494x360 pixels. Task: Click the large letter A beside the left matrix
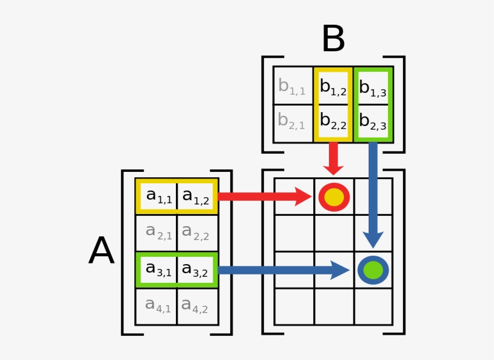(x=101, y=251)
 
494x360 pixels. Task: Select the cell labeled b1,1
(x=292, y=86)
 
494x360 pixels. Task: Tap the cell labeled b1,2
(x=333, y=86)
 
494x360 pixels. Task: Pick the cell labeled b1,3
(x=373, y=86)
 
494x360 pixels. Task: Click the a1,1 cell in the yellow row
(x=158, y=196)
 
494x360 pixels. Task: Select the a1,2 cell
(x=196, y=196)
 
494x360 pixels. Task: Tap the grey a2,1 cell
(x=158, y=232)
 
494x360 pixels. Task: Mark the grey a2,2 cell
(x=196, y=232)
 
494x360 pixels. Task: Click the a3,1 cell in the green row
(x=158, y=269)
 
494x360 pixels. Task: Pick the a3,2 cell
(x=196, y=269)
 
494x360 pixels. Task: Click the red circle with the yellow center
(x=334, y=197)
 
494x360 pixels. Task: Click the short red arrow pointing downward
(x=333, y=159)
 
